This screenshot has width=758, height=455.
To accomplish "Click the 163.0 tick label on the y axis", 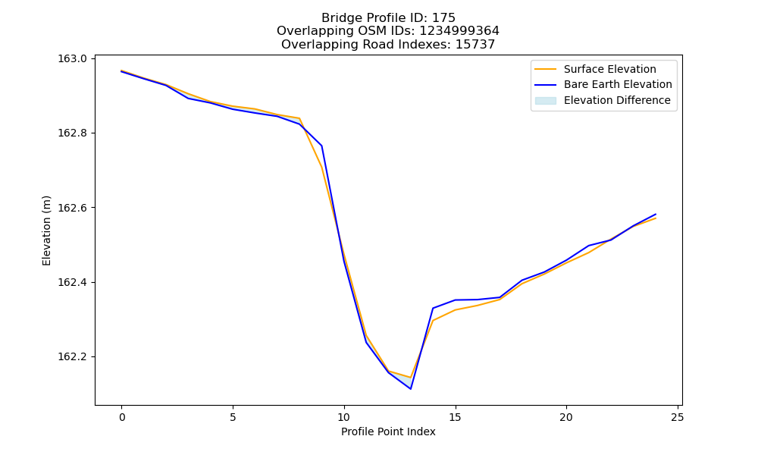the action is coord(73,59).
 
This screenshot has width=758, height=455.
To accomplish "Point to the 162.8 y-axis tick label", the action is coord(73,133).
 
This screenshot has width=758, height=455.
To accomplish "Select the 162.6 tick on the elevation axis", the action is coord(73,208).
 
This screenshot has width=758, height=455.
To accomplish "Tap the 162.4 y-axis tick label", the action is coord(73,282).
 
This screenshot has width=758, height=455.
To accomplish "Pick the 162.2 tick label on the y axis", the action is coord(73,357).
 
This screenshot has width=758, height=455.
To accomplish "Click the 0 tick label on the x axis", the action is coord(122,417).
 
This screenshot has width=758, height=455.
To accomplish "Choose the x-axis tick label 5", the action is coord(233,417).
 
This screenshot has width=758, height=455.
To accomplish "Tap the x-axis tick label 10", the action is coord(343,417).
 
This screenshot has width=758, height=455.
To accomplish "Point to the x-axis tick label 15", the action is coord(455,417).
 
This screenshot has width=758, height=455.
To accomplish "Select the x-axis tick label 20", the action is coord(566,417).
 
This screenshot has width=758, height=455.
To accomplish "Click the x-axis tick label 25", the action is coord(677,417).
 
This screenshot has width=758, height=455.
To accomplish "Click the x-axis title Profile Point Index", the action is coord(388,431).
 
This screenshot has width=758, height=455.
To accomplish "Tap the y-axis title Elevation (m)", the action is coord(46,231).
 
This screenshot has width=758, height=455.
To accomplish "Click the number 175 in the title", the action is coord(443,18).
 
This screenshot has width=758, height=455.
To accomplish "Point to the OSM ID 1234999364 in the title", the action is coord(459,31).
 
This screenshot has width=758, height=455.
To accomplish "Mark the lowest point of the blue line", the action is coord(410,389).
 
